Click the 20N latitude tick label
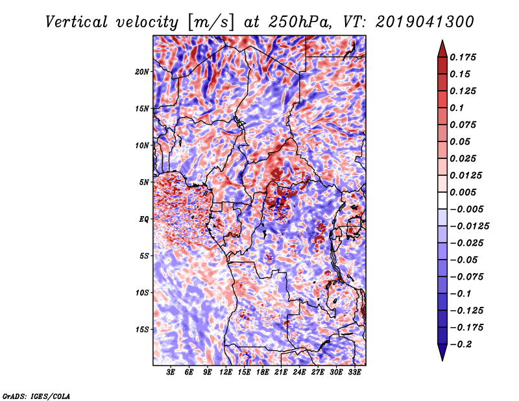click(142, 72)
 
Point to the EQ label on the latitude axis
click(143, 219)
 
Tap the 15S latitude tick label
click(142, 330)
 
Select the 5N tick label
click(144, 182)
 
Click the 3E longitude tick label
click(171, 372)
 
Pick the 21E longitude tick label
click(281, 372)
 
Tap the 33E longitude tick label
click(354, 372)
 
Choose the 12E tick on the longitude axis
click(226, 372)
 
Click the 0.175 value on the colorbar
click(463, 57)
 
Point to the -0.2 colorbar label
click(461, 345)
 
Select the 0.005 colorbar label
click(463, 192)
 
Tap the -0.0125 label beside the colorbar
click(469, 226)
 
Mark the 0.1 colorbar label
click(457, 108)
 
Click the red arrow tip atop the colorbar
click(442, 41)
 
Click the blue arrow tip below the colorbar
click(442, 360)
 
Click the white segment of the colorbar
click(442, 200)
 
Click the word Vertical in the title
click(77, 22)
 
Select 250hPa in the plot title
click(300, 22)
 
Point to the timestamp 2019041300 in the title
click(425, 22)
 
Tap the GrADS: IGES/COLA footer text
click(36, 396)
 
